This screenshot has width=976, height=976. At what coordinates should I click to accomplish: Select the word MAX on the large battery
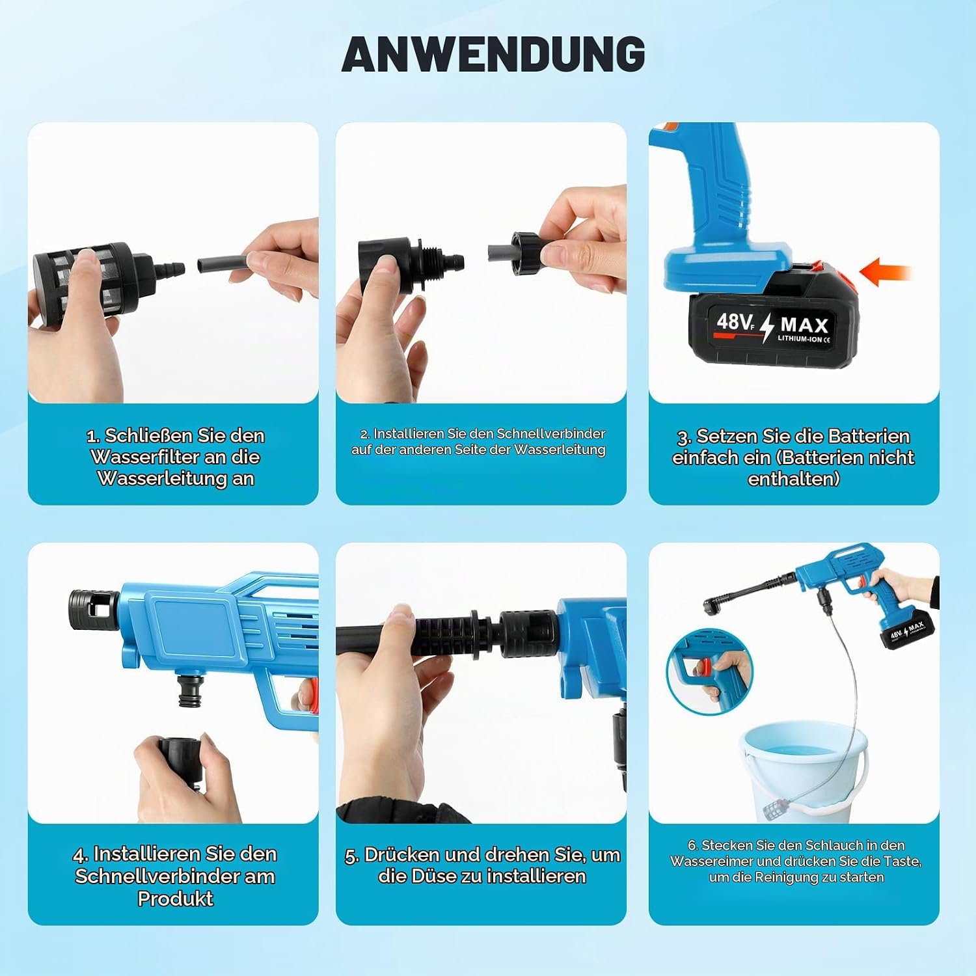[x=804, y=325]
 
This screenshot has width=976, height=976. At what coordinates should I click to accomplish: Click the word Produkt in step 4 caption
[x=175, y=899]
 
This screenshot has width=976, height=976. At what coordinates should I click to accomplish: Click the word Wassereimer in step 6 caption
[x=707, y=861]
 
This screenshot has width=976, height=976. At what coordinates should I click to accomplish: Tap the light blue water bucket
[x=804, y=768]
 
